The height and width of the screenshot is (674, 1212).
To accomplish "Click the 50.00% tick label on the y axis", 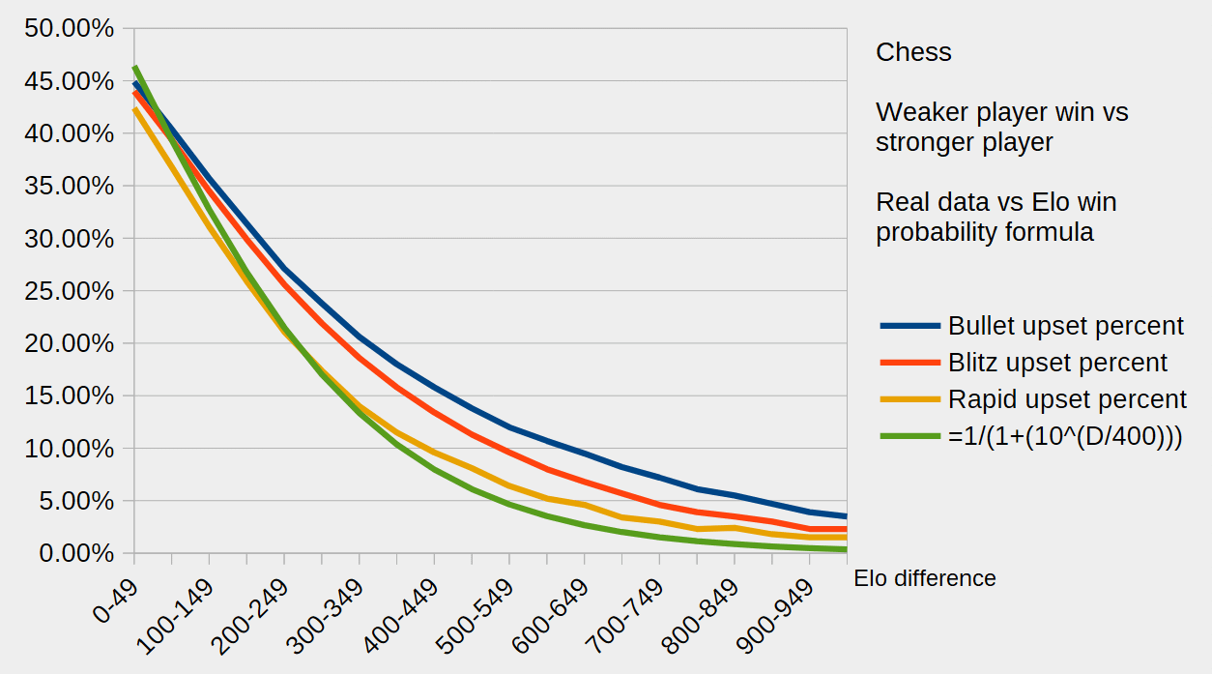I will click(x=69, y=29).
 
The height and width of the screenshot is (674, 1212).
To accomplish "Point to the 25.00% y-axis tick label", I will click(x=69, y=291).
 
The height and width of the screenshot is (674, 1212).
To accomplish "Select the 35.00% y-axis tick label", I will click(x=69, y=186).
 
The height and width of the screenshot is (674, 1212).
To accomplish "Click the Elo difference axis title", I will click(x=924, y=578).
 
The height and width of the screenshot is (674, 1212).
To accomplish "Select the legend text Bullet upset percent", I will click(x=1065, y=326).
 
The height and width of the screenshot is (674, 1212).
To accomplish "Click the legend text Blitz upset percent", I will click(x=1057, y=363).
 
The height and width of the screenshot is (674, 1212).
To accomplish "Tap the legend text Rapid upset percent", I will click(x=1067, y=398).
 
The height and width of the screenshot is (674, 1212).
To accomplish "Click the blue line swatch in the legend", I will click(x=909, y=327).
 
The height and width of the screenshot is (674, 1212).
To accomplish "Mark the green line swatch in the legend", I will click(x=909, y=436).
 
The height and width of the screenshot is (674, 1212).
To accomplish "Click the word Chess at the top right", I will click(x=913, y=52).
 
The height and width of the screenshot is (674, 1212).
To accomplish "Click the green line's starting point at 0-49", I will click(x=134, y=67).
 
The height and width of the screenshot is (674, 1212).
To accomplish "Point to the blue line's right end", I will click(x=846, y=516).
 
